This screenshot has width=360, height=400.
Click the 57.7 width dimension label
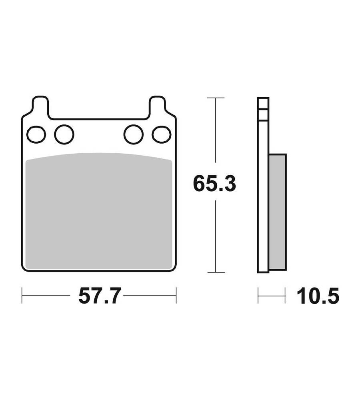(x=99, y=296)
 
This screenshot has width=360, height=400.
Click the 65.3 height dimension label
(x=214, y=184)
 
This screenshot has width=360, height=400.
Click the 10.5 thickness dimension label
(x=318, y=296)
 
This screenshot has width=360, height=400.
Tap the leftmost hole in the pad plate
(x=36, y=134)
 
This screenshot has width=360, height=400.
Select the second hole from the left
(x=64, y=134)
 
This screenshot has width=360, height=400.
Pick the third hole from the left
(x=134, y=134)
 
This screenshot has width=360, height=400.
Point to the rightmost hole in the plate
(x=162, y=134)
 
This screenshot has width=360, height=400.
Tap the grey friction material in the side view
(x=278, y=212)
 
